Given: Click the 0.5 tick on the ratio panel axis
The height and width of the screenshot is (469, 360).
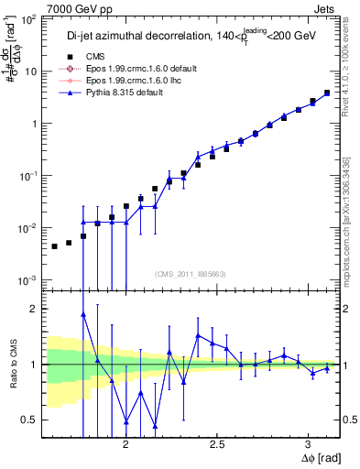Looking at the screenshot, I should (30, 420).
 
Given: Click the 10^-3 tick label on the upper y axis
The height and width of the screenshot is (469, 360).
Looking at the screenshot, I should (27, 279).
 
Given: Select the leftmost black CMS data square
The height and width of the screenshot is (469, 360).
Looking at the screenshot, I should (55, 246).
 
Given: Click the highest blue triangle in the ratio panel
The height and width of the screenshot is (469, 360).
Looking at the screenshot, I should (83, 314).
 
